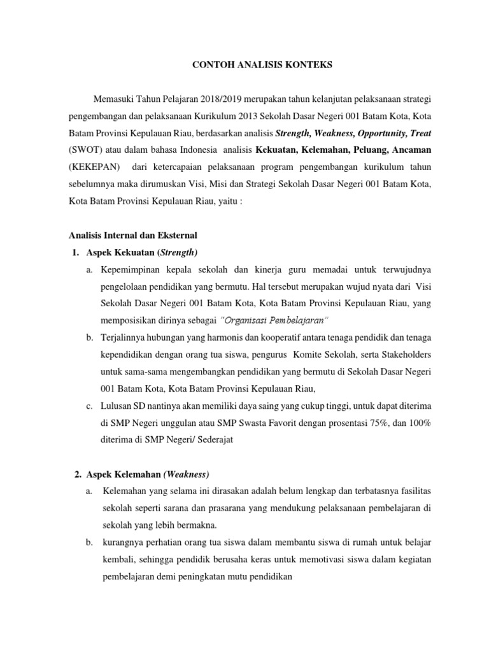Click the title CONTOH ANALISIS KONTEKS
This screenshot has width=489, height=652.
tap(244, 64)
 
